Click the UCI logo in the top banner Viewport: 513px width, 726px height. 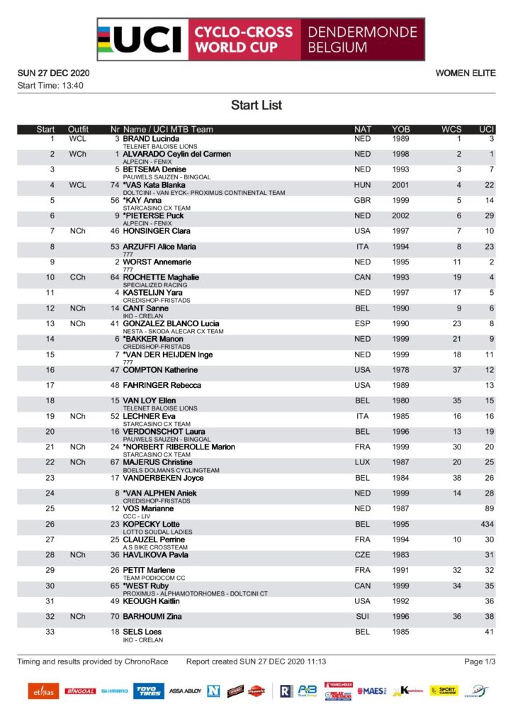pos(141,40)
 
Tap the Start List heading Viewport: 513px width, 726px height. pos(256,105)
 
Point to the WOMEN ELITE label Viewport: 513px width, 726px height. pos(466,73)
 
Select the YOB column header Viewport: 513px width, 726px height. pos(401,129)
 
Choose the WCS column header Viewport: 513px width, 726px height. pos(451,129)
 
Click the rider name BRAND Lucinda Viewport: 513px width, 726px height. pos(151,138)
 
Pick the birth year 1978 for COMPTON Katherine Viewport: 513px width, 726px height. pos(401,370)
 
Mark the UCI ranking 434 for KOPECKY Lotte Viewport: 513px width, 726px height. pos(487,524)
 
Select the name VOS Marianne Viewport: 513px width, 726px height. pos(148,508)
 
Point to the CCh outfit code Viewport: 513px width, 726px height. pos(78,277)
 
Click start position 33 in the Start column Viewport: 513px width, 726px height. pos(50,632)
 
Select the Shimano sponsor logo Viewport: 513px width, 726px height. pos(114,691)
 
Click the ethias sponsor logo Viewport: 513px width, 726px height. pos(43,691)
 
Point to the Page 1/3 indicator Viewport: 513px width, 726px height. pos(480,661)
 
